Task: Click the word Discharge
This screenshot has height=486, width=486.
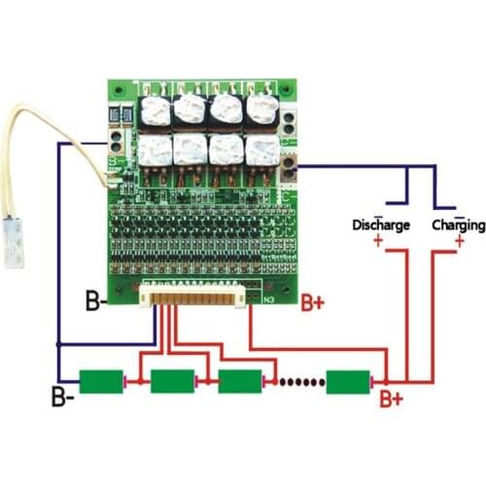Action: pos(380,225)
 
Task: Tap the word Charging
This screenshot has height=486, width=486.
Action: pos(458,225)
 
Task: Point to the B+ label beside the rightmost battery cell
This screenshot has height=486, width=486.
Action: pos(392,399)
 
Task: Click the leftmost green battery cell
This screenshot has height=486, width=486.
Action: pos(103,380)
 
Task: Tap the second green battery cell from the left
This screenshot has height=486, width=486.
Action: pos(173,380)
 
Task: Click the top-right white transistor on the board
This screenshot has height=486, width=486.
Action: pos(261,108)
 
